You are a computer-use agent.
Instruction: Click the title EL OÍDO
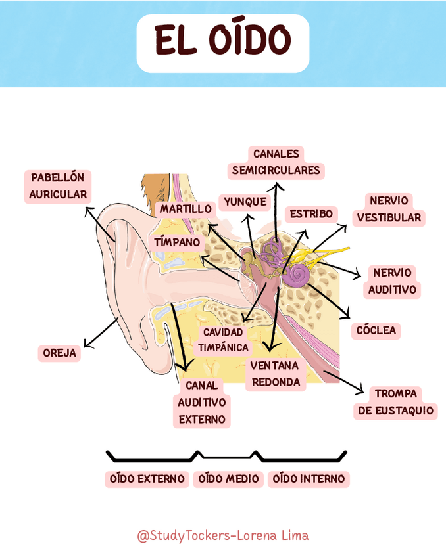tap(222, 41)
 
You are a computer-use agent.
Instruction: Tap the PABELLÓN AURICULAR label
tap(58, 186)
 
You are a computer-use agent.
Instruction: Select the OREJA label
tap(60, 353)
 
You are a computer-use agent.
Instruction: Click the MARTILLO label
tap(186, 209)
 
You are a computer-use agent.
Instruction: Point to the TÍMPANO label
tap(177, 242)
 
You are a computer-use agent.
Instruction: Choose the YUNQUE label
tap(245, 202)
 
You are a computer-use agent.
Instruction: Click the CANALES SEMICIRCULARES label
tap(276, 162)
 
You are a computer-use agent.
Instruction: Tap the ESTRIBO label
tap(311, 214)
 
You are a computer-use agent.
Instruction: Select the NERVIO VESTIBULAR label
tap(389, 209)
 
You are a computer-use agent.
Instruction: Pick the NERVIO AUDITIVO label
tap(392, 281)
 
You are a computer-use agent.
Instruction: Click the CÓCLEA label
tap(376, 330)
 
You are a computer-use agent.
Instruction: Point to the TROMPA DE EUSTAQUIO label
tap(395, 402)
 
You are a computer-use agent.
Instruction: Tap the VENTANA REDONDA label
tap(275, 374)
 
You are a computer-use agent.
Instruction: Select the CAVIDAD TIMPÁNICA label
tap(224, 340)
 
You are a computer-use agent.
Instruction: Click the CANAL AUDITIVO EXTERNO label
tap(202, 402)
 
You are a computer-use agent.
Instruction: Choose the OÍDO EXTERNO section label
tap(147, 479)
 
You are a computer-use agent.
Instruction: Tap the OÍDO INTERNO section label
tap(309, 479)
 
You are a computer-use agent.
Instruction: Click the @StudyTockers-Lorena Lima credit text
tap(222, 535)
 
